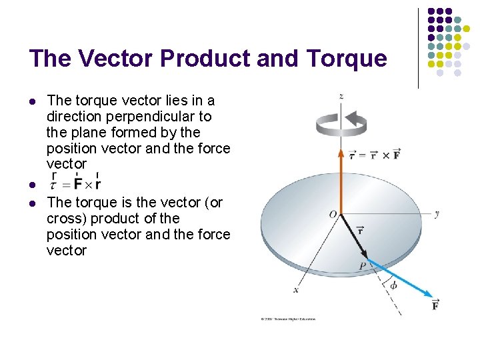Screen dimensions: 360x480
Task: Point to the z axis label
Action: [341, 96]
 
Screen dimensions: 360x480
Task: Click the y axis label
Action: [436, 214]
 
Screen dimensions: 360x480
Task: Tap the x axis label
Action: [295, 290]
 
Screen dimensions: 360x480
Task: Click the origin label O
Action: [332, 214]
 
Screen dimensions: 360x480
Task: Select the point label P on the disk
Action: [362, 265]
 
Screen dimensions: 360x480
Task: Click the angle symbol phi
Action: [393, 286]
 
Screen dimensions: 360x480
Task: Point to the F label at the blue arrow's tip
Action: [435, 305]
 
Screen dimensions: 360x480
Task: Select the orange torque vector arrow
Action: [341, 180]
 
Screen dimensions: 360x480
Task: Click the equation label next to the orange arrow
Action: [375, 155]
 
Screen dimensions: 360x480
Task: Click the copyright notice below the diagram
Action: [287, 319]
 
